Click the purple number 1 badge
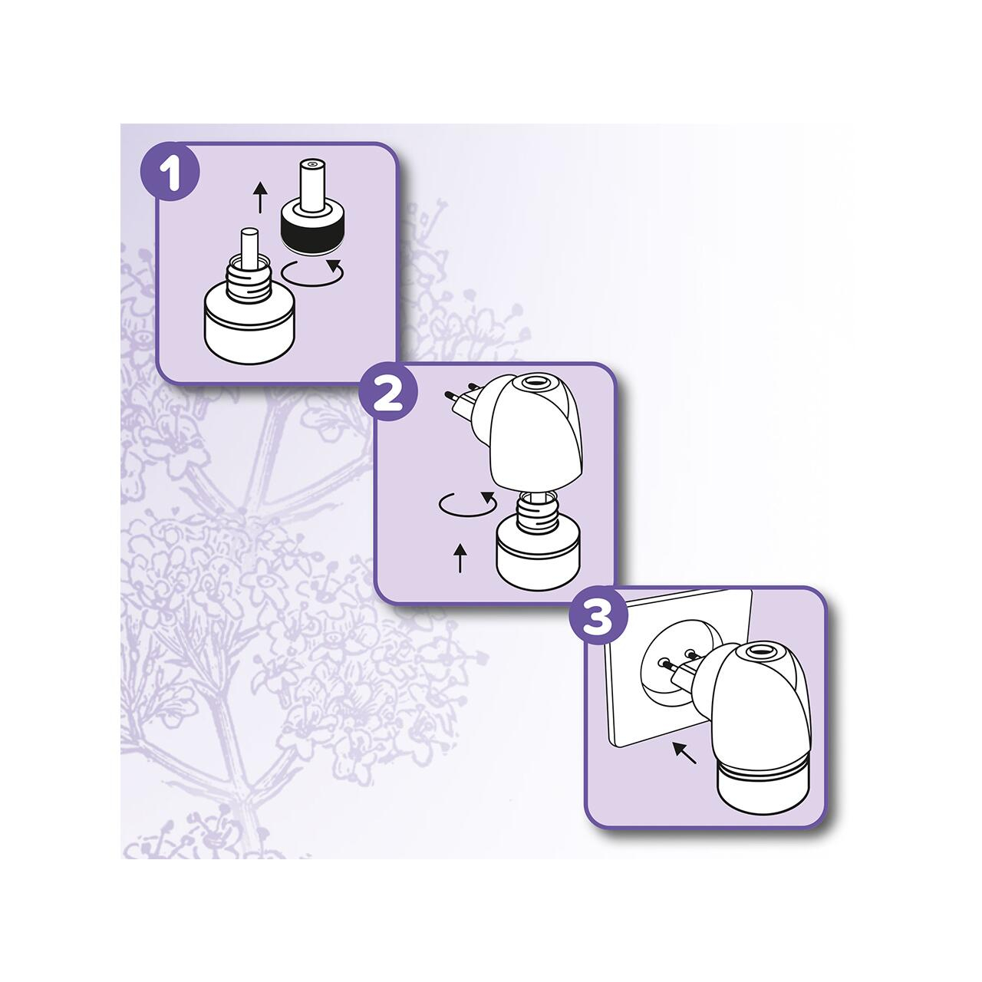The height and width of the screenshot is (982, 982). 170,172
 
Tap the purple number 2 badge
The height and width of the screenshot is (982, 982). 387,392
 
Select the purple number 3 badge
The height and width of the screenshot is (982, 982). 598,616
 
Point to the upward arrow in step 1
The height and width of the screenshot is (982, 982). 261,198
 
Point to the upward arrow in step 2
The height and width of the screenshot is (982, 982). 460,558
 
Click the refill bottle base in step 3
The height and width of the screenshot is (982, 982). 762,793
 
